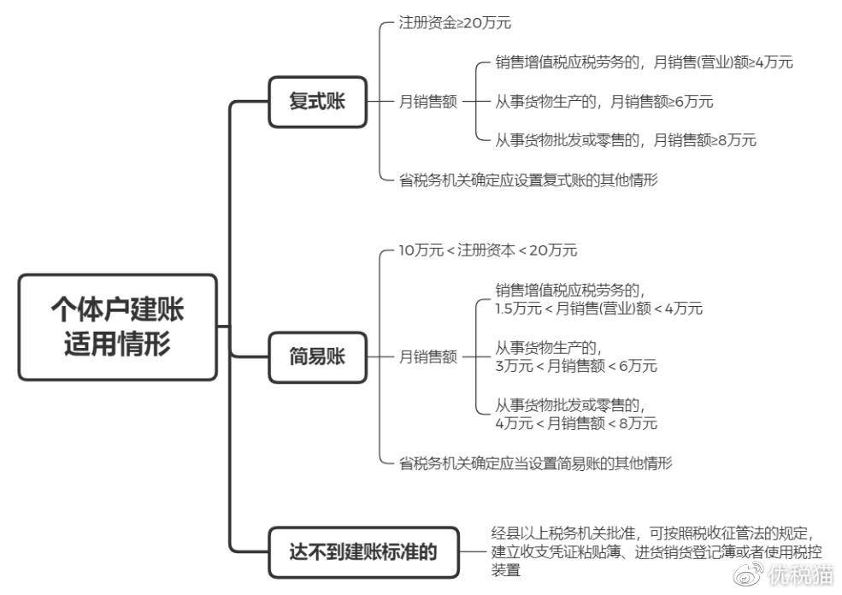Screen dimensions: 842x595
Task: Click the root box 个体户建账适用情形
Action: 118,327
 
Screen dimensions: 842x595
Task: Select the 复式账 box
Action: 317,102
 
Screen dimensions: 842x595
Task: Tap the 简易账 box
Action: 317,357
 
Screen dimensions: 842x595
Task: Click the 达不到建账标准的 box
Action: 363,552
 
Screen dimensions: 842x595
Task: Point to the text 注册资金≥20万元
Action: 455,22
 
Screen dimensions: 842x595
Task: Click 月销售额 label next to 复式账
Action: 428,102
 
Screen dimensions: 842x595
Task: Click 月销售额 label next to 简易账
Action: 428,357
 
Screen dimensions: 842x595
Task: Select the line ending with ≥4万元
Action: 644,62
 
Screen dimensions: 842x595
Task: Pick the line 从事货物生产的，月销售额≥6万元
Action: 604,102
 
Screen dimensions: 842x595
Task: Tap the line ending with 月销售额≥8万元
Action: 626,141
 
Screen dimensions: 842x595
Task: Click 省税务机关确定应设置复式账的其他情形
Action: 528,180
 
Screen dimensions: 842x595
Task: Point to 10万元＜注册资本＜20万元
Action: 487,250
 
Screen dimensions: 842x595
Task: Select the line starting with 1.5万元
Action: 598,309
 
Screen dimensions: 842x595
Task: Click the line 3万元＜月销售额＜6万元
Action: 576,366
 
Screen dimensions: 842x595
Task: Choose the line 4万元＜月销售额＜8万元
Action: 576,424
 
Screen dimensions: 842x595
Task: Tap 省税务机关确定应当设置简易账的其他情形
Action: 535,462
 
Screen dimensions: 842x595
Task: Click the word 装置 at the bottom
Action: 506,570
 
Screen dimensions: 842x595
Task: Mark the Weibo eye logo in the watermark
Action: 749,574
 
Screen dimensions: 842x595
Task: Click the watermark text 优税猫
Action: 801,575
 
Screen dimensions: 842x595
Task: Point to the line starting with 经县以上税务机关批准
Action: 653,533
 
